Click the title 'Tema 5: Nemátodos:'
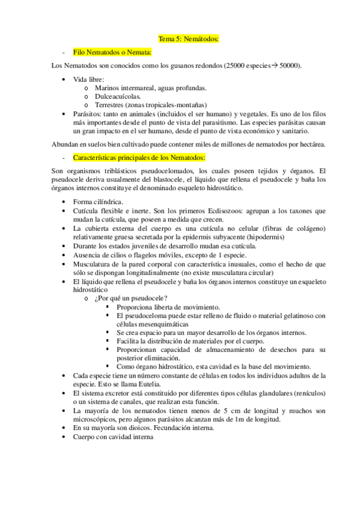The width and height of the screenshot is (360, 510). click(188, 39)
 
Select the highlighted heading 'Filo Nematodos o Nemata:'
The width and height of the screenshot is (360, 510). click(112, 52)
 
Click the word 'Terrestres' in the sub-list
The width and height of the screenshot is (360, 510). click(111, 104)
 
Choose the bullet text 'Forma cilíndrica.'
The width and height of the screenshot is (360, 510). click(98, 201)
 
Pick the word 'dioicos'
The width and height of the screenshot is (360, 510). click(139, 428)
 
